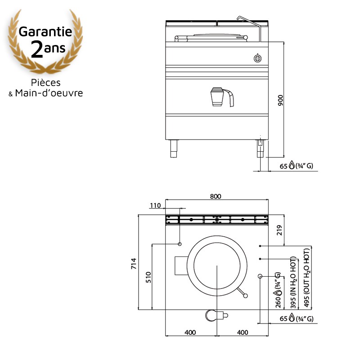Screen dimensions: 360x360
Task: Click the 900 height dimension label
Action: coord(280,100)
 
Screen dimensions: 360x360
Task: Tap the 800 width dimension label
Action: coord(216,196)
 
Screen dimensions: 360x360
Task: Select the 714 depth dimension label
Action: coord(134,263)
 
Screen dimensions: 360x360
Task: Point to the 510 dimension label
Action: coord(148,277)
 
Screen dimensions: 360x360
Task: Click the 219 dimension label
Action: coord(279,230)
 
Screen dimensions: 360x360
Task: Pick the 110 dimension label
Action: coord(155,206)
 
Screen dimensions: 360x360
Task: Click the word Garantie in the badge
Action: coord(45,31)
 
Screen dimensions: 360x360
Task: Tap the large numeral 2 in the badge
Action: coord(37,49)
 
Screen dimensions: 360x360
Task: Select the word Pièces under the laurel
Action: coord(46,83)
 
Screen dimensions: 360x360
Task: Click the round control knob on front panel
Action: coord(257,58)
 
